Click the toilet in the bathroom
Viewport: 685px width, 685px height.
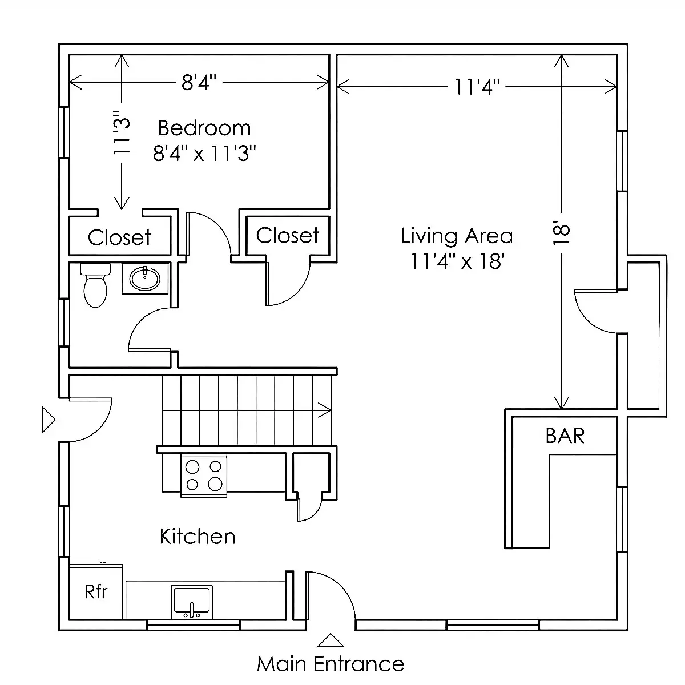point(95,285)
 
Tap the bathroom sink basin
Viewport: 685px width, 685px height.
point(144,279)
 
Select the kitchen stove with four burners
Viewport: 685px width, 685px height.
point(204,476)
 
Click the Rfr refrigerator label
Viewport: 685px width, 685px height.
point(96,592)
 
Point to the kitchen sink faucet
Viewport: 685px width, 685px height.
point(192,610)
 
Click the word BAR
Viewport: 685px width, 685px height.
point(565,436)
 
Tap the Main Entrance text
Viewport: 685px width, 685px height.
point(331,664)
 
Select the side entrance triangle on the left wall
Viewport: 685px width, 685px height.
point(49,420)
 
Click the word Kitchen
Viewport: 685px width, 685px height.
point(198,537)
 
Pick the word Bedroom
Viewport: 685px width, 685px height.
point(204,128)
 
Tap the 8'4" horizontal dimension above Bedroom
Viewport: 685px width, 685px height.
point(199,82)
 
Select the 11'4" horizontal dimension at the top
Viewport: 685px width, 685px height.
point(477,87)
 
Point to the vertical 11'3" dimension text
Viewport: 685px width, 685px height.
point(122,132)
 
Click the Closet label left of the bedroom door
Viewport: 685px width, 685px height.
point(120,237)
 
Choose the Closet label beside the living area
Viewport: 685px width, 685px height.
point(288,235)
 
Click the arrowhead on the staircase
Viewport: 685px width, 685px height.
point(325,410)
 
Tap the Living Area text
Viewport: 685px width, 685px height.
point(457,236)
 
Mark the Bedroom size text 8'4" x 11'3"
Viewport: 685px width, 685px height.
point(204,154)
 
